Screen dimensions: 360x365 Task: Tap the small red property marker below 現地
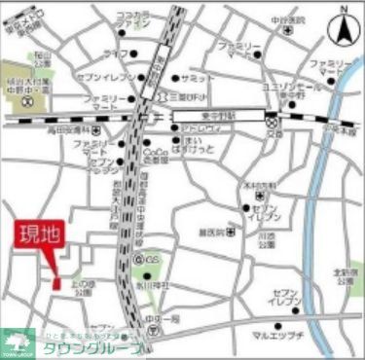click(x=55, y=280)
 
